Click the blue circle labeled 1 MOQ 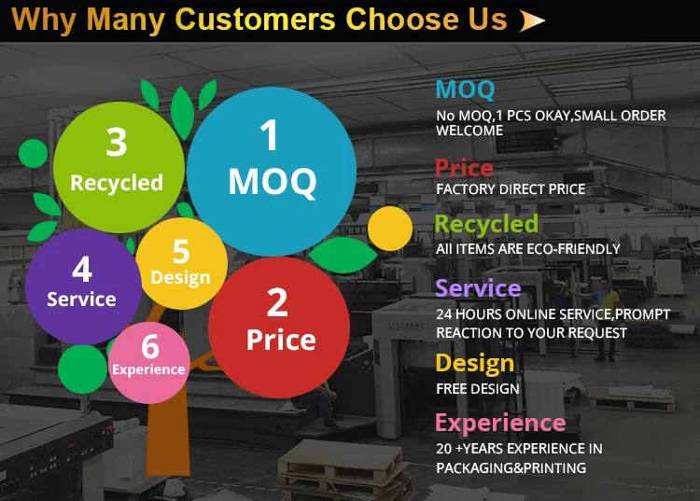click(x=272, y=172)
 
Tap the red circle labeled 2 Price click(x=279, y=327)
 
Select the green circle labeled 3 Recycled click(x=119, y=167)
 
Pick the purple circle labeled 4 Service click(x=83, y=286)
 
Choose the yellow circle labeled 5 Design click(x=182, y=264)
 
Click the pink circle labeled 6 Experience click(x=149, y=363)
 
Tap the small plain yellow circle click(x=390, y=229)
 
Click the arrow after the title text click(x=532, y=21)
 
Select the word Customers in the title click(x=255, y=20)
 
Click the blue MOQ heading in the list click(x=465, y=90)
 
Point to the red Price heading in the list click(x=464, y=168)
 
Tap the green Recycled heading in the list click(x=486, y=224)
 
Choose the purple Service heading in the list click(x=478, y=288)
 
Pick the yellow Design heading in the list click(x=475, y=363)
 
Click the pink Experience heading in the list click(x=500, y=423)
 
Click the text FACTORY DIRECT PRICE click(x=511, y=189)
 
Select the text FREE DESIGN click(x=478, y=388)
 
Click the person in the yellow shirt click(x=607, y=317)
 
